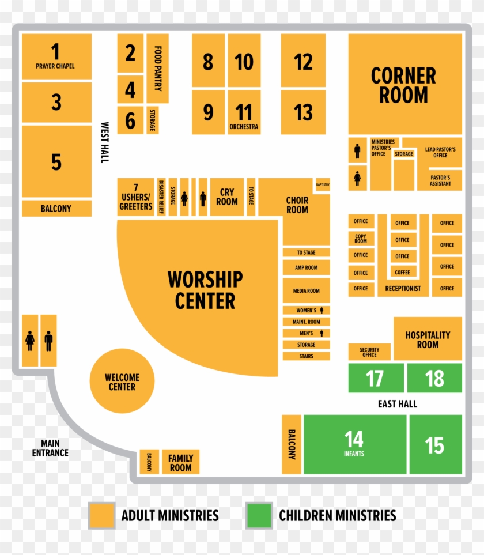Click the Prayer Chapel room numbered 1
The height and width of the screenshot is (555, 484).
[x=56, y=56]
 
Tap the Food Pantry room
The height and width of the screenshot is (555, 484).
[x=157, y=68]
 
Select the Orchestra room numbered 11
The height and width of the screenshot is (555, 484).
[x=244, y=112]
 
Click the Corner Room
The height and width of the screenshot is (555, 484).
[x=404, y=84]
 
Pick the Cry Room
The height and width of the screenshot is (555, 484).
[x=227, y=197]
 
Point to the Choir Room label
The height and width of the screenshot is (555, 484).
[x=297, y=205]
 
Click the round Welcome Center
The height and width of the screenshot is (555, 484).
[x=122, y=382]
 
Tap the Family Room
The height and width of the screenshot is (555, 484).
[x=180, y=462]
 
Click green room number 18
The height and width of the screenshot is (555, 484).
[x=434, y=379]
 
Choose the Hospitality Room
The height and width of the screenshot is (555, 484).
[x=428, y=339]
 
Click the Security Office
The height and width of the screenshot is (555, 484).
[x=369, y=352]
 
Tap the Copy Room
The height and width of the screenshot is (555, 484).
[x=361, y=239]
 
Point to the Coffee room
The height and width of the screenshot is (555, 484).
[x=403, y=272]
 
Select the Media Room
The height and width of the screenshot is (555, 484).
[x=306, y=291]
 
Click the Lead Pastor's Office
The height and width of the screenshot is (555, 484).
[x=440, y=152]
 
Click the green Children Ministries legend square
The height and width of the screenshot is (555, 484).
[x=259, y=515]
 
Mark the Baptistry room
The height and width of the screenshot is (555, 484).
[x=323, y=185]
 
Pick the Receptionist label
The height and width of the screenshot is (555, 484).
[x=403, y=289]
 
